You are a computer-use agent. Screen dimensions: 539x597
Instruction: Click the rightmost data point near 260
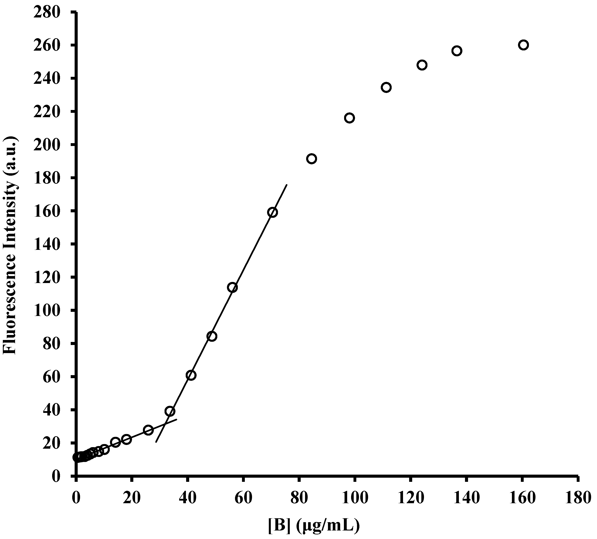pos(523,45)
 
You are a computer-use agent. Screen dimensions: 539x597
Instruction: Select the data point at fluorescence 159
pos(273,212)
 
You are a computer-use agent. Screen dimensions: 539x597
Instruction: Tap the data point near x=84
pos(312,159)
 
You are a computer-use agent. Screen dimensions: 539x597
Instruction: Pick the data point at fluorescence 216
pos(349,118)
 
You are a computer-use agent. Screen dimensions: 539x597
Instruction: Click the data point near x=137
pos(457,51)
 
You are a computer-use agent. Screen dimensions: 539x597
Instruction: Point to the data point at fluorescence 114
pos(232,287)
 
